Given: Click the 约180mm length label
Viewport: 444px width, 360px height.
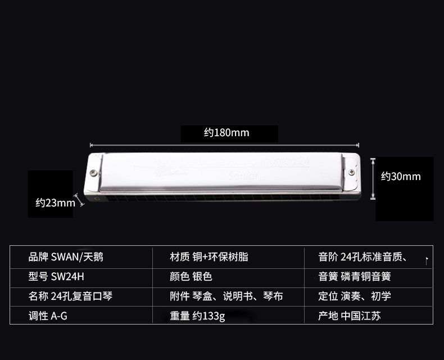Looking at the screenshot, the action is coord(226,133).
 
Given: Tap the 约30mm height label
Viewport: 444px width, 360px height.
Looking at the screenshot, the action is coord(401,177).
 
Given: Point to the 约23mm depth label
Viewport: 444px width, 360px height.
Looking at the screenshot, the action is coord(55,202).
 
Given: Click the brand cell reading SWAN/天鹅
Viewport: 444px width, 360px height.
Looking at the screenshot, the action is coord(66,258).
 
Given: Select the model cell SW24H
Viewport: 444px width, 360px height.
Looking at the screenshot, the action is coord(60,277).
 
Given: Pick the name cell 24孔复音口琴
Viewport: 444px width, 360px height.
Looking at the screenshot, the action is coord(71,296).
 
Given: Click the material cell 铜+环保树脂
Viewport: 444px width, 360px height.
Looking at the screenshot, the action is coord(209,258).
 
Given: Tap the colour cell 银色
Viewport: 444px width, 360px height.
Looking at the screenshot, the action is coord(191,277).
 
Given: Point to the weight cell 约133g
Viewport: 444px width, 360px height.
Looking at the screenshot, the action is coord(197,316).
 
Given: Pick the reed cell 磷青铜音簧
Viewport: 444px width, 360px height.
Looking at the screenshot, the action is coord(355,277).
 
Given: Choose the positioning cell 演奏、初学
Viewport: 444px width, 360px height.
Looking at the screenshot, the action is coord(355,296).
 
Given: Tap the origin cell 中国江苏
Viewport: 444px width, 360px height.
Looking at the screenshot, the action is coord(350,316).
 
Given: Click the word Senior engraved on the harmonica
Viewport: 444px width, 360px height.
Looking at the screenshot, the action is coord(243,176).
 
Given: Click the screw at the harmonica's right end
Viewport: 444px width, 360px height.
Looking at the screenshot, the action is coord(352,173).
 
